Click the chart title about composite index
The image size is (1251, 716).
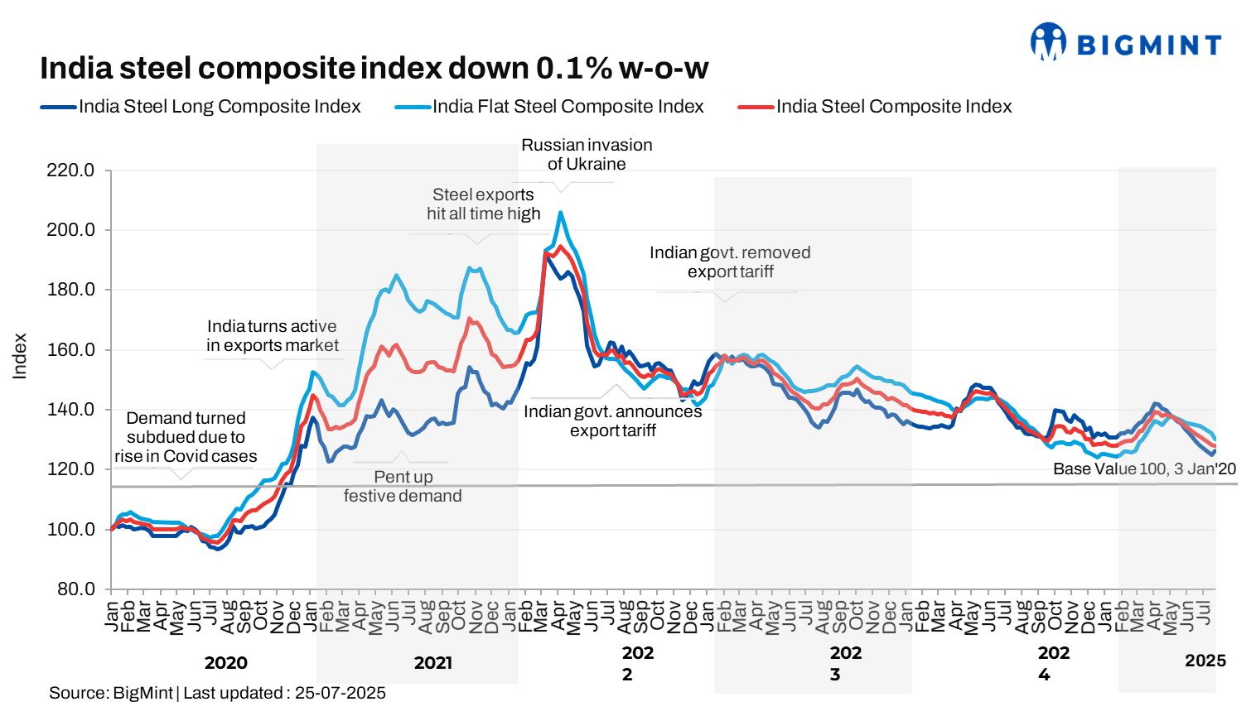pyautogui.click(x=374, y=68)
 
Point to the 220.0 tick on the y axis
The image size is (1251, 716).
pyautogui.click(x=70, y=171)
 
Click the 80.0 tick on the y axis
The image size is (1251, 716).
pyautogui.click(x=75, y=589)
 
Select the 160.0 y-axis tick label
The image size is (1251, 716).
pyautogui.click(x=70, y=350)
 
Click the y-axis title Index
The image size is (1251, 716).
pyautogui.click(x=20, y=357)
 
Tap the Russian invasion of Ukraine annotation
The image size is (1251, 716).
pyautogui.click(x=587, y=155)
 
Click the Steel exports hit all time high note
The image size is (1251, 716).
pyautogui.click(x=483, y=204)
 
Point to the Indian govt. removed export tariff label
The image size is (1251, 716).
pyautogui.click(x=730, y=262)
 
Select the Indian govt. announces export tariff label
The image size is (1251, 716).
pyautogui.click(x=612, y=421)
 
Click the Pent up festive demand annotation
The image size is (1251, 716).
pyautogui.click(x=403, y=487)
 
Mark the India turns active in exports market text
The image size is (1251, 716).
pyautogui.click(x=272, y=336)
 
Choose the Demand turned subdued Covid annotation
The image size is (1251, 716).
pyautogui.click(x=186, y=437)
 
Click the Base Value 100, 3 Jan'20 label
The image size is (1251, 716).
pyautogui.click(x=1144, y=469)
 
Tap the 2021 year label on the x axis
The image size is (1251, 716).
pyautogui.click(x=433, y=663)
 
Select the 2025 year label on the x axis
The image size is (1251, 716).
pyautogui.click(x=1205, y=661)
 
